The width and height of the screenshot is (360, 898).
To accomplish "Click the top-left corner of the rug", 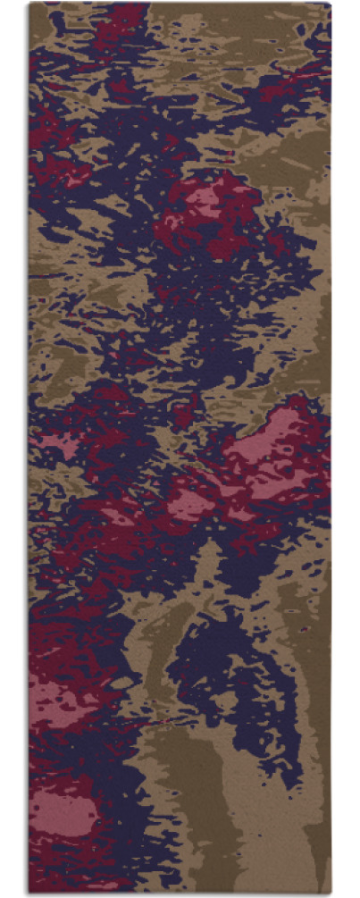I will tap(29, 4).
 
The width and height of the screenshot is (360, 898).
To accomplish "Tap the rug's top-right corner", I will tap(331, 4).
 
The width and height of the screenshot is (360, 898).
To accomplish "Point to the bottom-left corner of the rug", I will tap(29, 893).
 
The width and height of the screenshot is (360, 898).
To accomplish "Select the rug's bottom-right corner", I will tap(331, 893).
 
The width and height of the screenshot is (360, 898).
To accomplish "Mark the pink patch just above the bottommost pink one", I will tap(63, 697).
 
